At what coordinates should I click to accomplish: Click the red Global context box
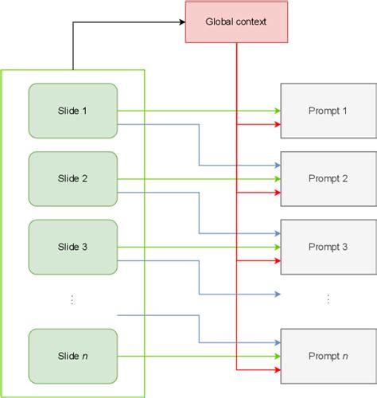236,21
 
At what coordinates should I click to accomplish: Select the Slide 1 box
73,111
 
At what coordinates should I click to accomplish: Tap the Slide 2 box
73,179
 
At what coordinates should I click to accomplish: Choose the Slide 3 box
73,247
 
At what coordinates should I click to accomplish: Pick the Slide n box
73,356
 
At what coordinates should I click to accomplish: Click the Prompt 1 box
328,111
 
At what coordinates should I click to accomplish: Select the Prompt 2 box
328,179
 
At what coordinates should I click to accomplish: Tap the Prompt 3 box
328,247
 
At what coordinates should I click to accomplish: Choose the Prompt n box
328,356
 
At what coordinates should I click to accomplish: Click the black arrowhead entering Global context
181,22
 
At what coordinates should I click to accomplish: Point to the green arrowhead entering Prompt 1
277,111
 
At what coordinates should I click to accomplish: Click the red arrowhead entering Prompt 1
277,124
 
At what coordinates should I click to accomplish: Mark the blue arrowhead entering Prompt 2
277,165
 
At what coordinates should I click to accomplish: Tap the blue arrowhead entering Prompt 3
277,233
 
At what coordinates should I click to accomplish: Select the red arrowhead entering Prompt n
277,369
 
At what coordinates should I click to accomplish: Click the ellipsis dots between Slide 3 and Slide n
72,300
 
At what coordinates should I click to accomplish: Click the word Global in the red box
220,21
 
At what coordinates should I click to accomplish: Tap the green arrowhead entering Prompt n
277,356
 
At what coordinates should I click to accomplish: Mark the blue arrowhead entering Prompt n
277,342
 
